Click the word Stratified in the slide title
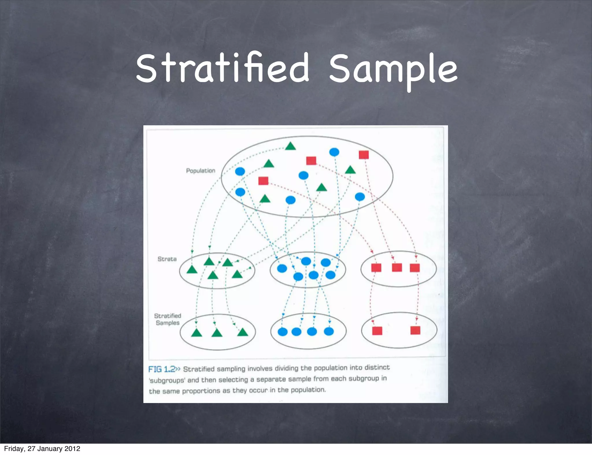(223, 68)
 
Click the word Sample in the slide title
(393, 69)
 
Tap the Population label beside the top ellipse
(201, 171)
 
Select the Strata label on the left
(167, 259)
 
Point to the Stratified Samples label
(167, 319)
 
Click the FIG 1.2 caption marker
(162, 369)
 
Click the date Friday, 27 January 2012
(42, 448)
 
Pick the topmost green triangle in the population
(291, 146)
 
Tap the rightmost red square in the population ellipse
(364, 155)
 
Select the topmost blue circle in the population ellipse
(334, 152)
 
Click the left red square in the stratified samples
(377, 331)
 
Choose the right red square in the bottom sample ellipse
(415, 330)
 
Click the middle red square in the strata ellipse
(397, 268)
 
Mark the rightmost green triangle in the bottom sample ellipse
(243, 333)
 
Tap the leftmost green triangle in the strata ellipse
(192, 270)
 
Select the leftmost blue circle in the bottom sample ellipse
(282, 332)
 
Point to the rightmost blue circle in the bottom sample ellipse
(329, 331)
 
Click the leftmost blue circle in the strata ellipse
(282, 268)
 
